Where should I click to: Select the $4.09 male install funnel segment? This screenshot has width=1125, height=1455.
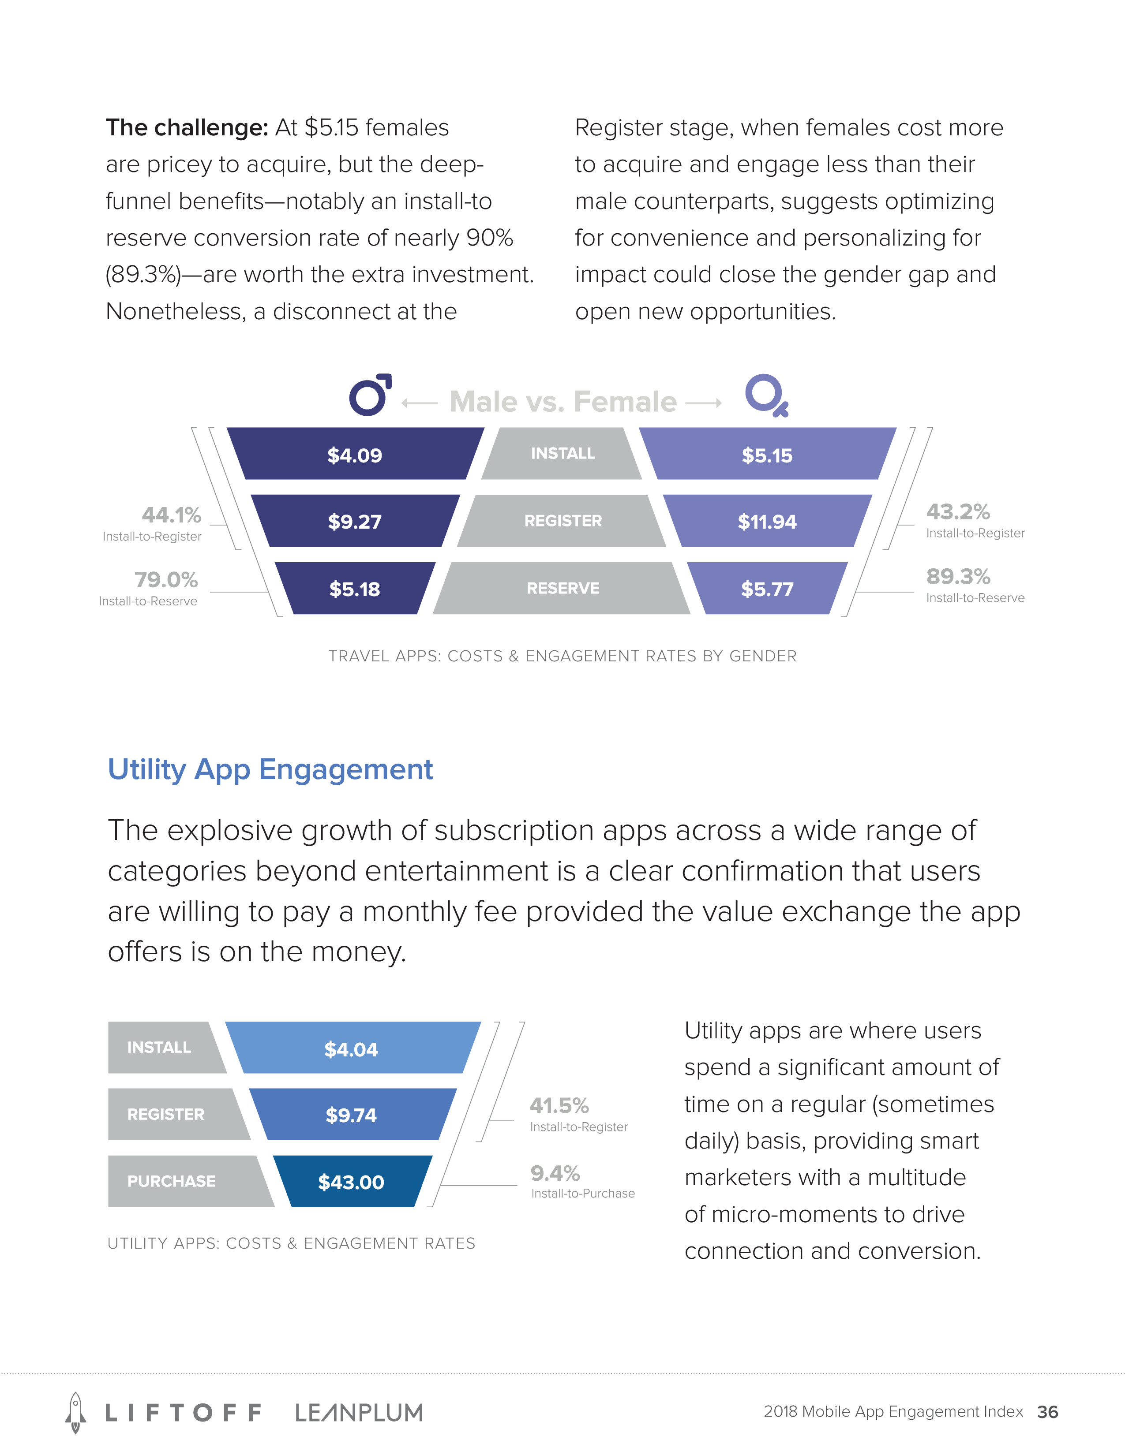click(x=355, y=454)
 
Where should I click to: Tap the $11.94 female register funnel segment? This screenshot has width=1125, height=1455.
click(x=767, y=521)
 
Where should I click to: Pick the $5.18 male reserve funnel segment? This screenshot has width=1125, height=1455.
click(x=355, y=588)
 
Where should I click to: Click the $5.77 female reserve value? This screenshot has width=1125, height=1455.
click(x=767, y=589)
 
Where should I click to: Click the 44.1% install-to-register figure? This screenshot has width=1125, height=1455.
click(x=171, y=515)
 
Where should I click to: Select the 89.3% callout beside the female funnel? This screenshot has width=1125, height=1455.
click(x=958, y=576)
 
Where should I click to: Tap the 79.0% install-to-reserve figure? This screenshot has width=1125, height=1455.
click(x=166, y=580)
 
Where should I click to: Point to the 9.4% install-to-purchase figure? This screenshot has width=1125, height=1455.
click(x=555, y=1172)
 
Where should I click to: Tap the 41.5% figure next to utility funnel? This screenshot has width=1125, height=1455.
click(x=559, y=1106)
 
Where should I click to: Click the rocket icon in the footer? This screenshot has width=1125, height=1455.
click(x=75, y=1412)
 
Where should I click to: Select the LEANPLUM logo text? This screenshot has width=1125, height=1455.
click(x=359, y=1412)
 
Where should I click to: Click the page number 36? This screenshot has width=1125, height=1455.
click(x=1048, y=1412)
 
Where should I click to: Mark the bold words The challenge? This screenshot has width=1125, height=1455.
click(x=187, y=127)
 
